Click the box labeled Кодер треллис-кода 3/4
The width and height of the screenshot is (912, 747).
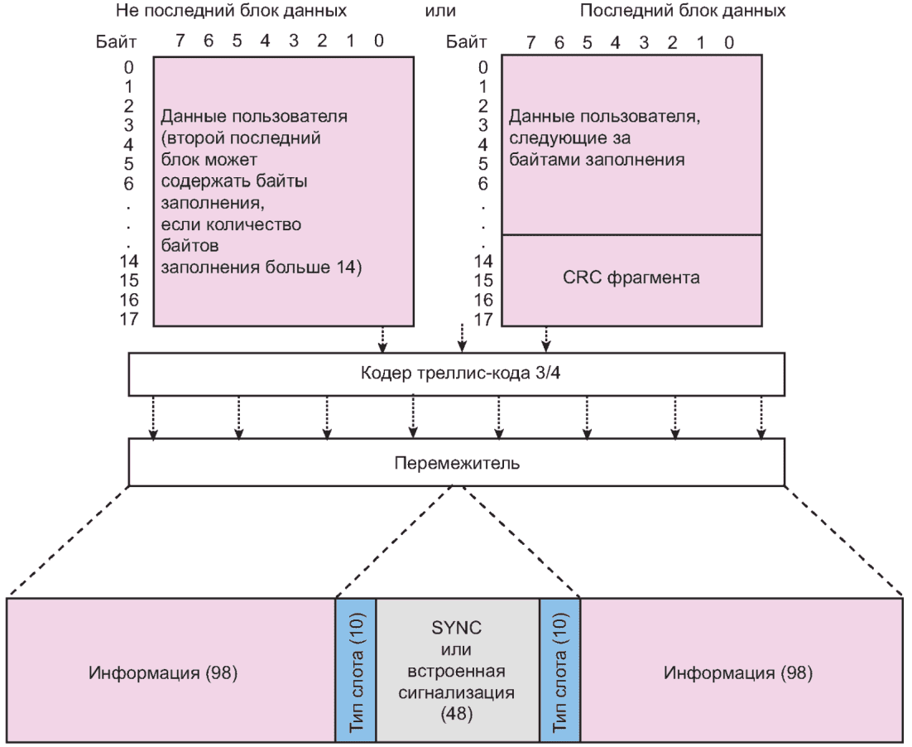coord(457,374)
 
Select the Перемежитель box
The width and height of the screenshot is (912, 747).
coord(457,462)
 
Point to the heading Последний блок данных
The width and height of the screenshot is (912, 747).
coord(683,12)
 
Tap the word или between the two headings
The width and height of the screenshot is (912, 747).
coord(439,12)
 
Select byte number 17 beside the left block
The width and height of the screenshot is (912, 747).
coord(129,319)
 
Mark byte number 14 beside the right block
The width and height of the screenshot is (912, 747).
coord(484,261)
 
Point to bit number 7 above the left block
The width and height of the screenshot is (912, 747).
coord(180,41)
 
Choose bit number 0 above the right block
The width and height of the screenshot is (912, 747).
coord(728,41)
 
